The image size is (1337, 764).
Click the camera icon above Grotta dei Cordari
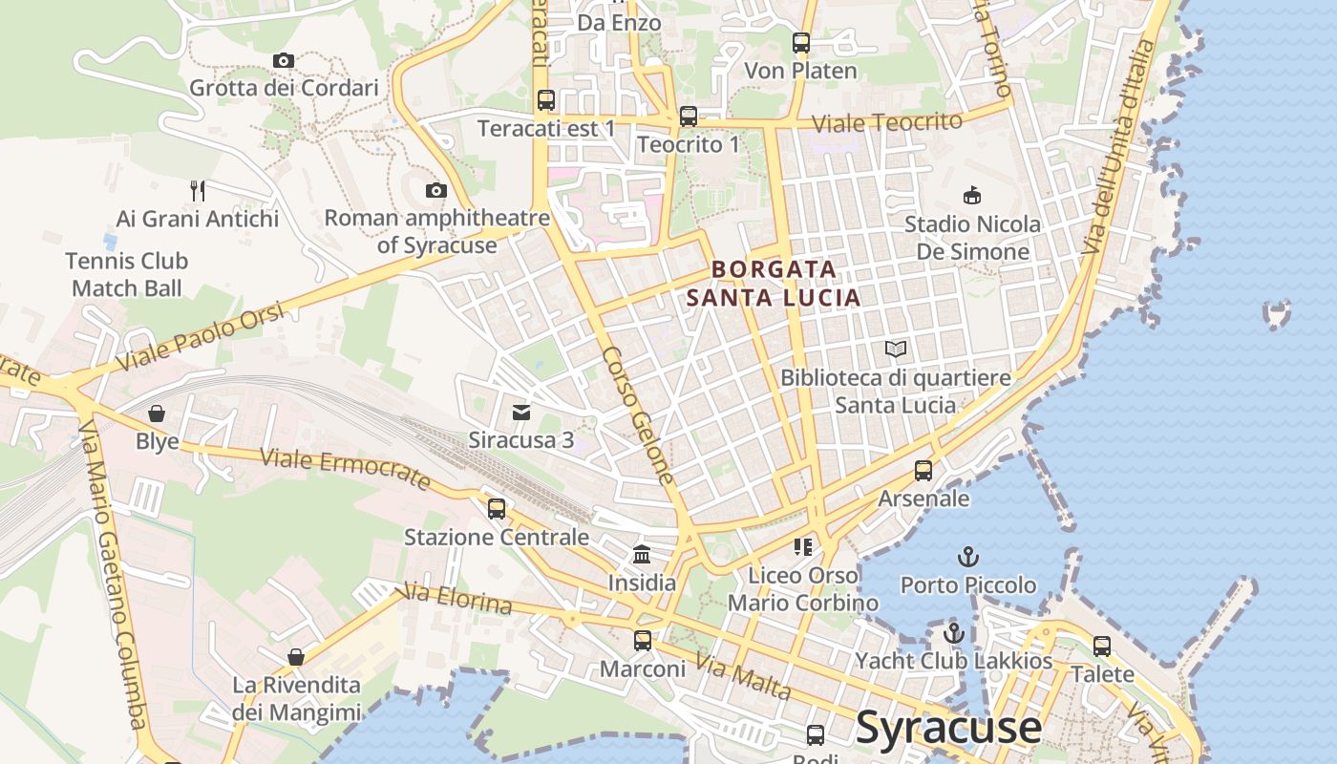point(283,61)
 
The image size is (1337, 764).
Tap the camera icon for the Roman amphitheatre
point(436,191)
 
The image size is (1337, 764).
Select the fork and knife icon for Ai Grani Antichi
point(198,191)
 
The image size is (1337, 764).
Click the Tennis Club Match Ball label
point(127,274)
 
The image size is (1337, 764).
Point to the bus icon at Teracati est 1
point(546,100)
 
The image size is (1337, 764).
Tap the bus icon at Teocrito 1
point(688,117)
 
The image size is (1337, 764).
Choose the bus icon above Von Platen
point(800,43)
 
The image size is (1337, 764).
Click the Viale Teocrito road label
point(886,122)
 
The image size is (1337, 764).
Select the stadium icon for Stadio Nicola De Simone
point(972,196)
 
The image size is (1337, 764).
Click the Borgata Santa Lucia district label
point(774,284)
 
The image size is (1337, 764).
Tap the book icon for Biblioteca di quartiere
point(896,350)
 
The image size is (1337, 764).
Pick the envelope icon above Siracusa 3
point(521,413)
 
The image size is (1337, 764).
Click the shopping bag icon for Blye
point(157,414)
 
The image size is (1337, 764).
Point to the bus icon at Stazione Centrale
point(497,508)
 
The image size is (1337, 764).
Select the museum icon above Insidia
point(642,554)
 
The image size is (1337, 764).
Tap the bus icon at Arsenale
point(923,471)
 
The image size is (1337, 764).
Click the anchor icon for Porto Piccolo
point(968,556)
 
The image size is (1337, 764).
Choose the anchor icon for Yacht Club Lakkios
point(953,632)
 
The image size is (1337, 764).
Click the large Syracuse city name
point(948,727)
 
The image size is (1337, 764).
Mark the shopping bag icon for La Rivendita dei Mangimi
point(296,657)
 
